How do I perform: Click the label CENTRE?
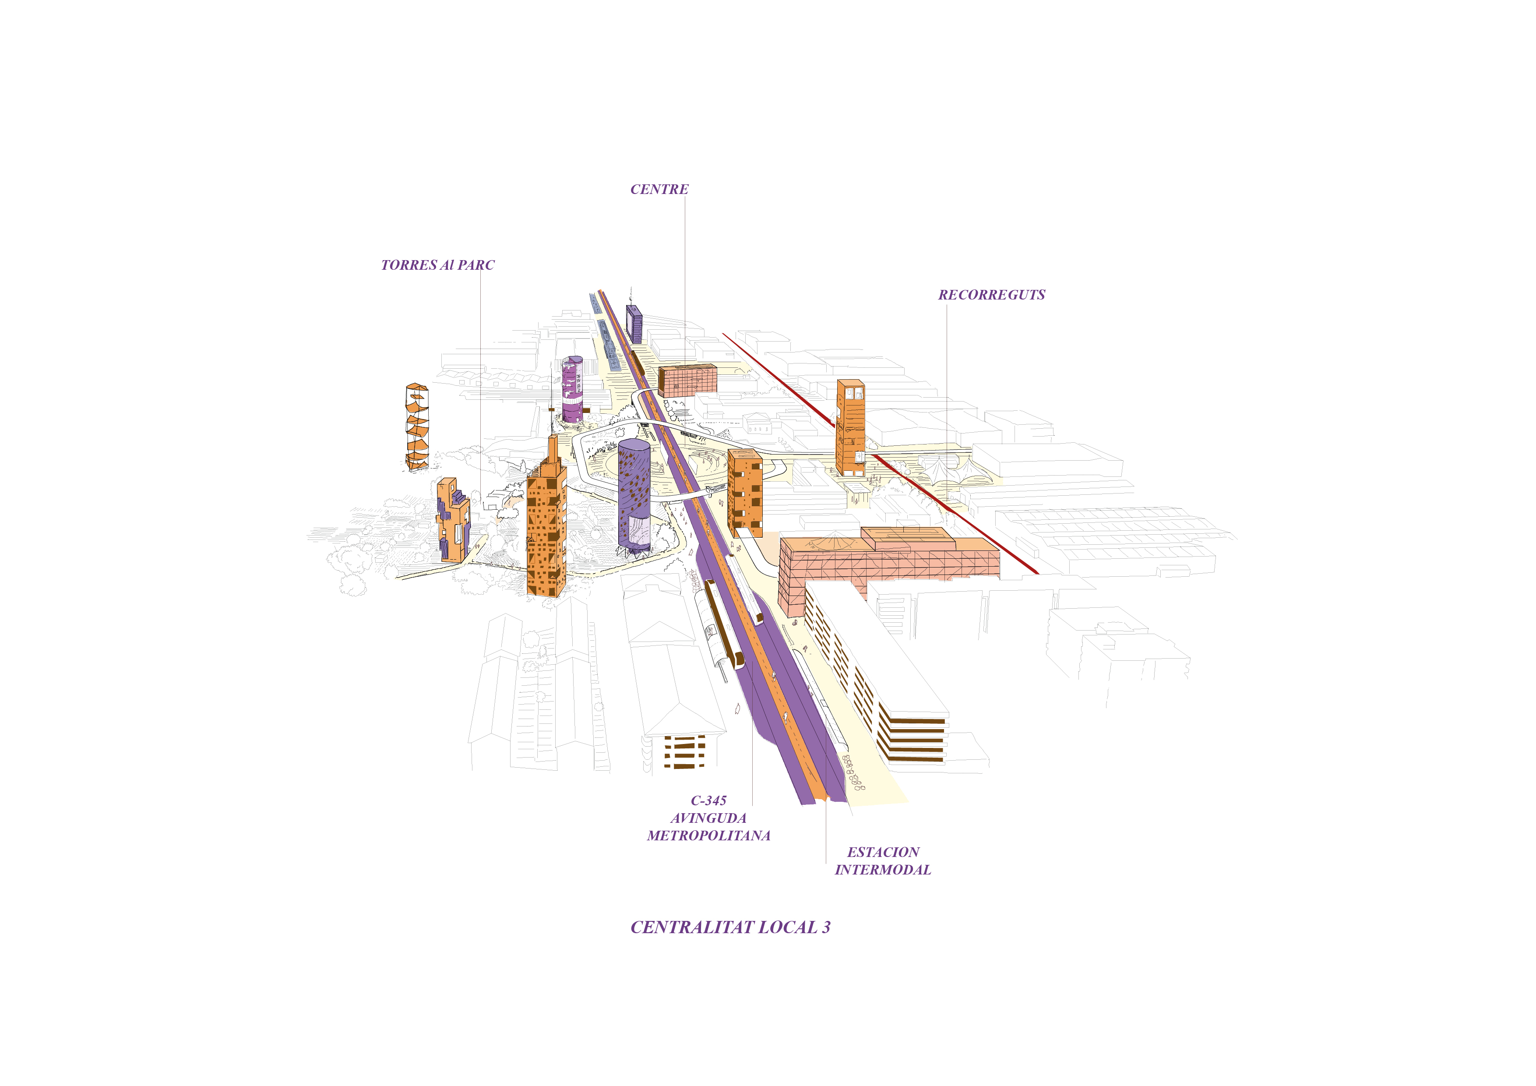(659, 189)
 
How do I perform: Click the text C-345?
(708, 800)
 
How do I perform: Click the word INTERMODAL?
(882, 870)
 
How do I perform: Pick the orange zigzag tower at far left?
(417, 427)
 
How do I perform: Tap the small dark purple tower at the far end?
(634, 324)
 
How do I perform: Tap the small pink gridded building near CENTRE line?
(687, 380)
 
